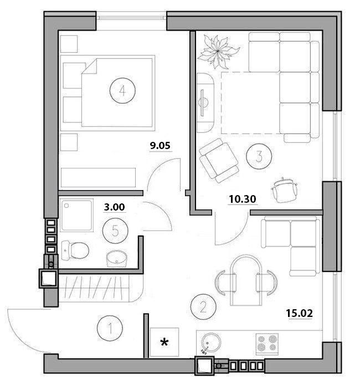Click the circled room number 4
point(122,91)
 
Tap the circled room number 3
point(259,156)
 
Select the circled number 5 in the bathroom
point(115,231)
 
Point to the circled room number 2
point(203,307)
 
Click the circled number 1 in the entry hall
point(110,328)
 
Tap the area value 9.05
point(160,146)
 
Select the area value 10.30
point(243,199)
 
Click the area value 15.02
point(300,313)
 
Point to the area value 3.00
point(114,207)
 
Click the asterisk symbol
point(164,342)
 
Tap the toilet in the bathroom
point(75,250)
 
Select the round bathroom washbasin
point(117,259)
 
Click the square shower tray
point(77,215)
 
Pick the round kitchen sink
point(211,342)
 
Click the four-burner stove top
point(267,344)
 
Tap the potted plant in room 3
point(217,52)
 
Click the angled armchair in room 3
point(219,160)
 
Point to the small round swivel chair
point(284,190)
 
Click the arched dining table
point(246,280)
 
